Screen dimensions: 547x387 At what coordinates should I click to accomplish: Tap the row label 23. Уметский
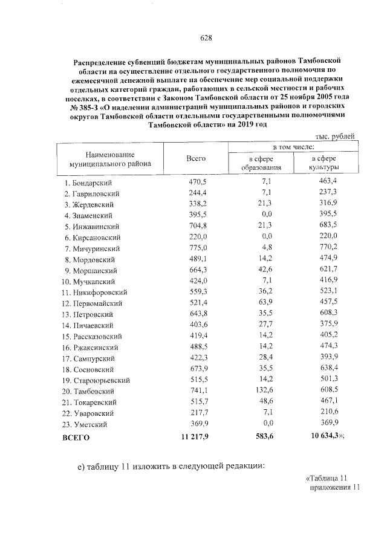point(87,424)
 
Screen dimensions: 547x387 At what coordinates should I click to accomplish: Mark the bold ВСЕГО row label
point(76,436)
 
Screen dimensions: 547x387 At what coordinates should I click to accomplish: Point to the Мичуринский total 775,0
point(196,248)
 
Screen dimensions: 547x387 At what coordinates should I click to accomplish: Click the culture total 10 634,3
point(322,436)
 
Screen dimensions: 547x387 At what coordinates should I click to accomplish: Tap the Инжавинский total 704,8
point(196,226)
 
